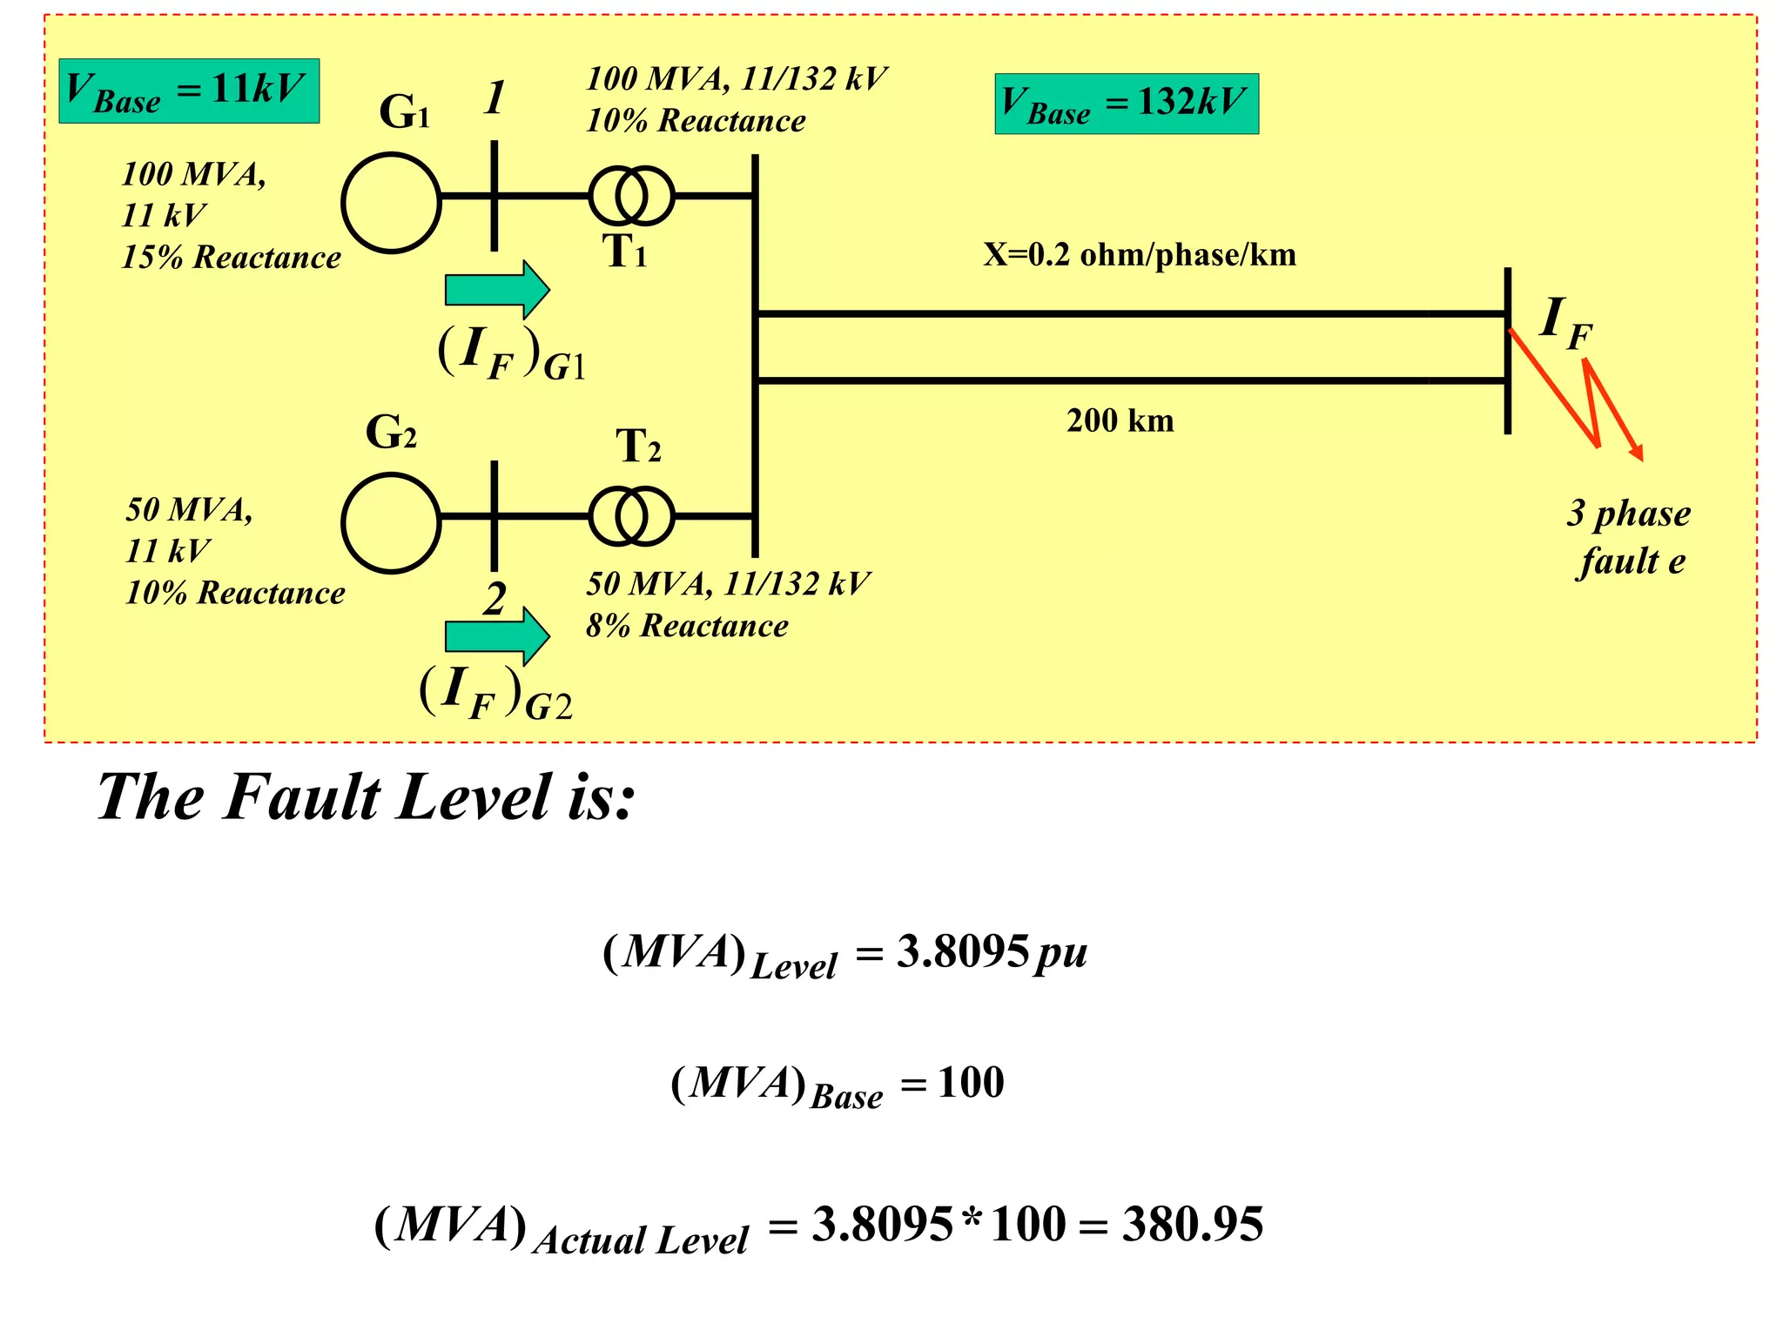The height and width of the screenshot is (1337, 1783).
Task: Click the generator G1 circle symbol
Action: (391, 202)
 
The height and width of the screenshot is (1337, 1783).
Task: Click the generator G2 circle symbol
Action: (391, 522)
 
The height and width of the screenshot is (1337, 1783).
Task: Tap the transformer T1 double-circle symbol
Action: (631, 196)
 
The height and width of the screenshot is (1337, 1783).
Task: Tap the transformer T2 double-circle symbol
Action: (631, 516)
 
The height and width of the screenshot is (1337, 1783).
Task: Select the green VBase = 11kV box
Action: (189, 91)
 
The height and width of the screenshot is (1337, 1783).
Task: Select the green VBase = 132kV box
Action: (1127, 104)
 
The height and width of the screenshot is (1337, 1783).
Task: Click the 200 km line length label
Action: (1120, 421)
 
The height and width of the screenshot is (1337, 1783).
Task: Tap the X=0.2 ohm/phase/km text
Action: (1140, 255)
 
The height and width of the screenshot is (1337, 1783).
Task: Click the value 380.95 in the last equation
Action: (1192, 1225)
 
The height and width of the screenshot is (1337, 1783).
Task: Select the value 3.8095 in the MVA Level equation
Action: (963, 951)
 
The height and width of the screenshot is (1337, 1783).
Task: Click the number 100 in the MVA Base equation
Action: (971, 1084)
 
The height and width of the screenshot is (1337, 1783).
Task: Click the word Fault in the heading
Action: (301, 796)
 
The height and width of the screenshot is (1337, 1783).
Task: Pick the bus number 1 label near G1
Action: (495, 97)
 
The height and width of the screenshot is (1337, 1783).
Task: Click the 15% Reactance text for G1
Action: (231, 258)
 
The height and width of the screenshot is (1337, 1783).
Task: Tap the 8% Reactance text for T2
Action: (687, 626)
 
